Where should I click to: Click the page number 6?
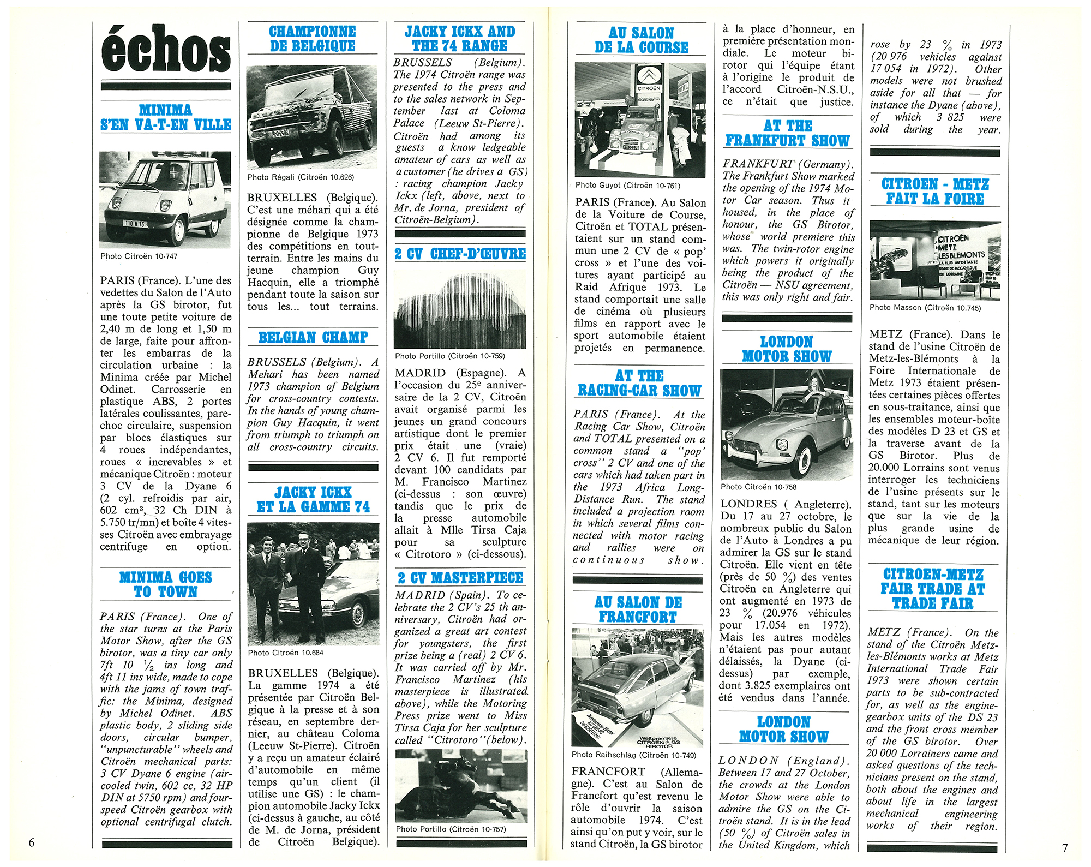coord(31,842)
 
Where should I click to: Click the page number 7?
coord(1064,847)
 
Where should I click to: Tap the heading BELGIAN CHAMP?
coord(313,337)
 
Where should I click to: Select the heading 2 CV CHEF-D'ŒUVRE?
coord(460,254)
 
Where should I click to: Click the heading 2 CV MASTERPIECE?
coord(460,578)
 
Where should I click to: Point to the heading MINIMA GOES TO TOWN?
coord(165,584)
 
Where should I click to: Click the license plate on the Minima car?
coord(134,223)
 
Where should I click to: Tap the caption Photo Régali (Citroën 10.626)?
coord(300,177)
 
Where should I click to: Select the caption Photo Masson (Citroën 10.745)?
coord(925,308)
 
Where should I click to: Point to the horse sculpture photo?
coord(461,786)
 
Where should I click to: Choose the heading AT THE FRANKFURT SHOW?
coord(787,133)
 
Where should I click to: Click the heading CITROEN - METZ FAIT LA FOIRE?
coord(934,191)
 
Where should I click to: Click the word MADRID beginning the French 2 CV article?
coord(420,373)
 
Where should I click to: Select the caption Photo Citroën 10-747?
coord(139,256)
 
